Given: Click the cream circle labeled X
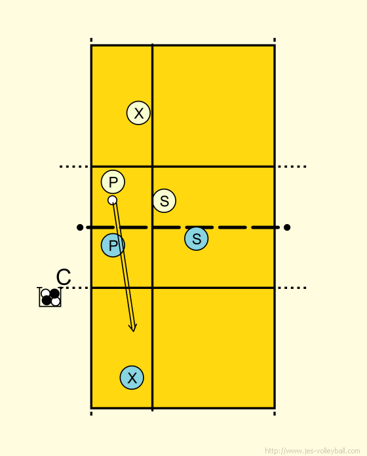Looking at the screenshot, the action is [138, 113].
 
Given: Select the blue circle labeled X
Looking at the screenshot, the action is [132, 377].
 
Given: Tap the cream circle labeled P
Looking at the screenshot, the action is [113, 181].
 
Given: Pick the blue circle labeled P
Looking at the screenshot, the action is [113, 245].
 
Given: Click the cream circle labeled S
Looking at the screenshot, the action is [164, 200].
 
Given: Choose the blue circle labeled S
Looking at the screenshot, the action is [197, 238].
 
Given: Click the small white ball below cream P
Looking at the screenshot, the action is [112, 200].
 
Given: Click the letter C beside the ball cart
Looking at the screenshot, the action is [64, 277].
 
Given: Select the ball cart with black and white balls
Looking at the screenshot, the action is [50, 297].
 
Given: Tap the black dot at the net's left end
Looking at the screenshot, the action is [80, 227].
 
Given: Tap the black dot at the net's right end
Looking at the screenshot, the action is [287, 227].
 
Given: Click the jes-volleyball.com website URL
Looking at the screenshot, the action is [313, 451].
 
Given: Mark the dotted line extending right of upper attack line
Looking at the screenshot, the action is [292, 166].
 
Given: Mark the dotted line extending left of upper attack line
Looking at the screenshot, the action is [73, 166].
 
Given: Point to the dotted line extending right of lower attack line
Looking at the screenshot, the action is [292, 288].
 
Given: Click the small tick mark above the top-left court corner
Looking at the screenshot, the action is [91, 40].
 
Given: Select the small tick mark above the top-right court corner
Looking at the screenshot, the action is [275, 40].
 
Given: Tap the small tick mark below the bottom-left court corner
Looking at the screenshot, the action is [91, 413].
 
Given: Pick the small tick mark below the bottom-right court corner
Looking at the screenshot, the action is [275, 413].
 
